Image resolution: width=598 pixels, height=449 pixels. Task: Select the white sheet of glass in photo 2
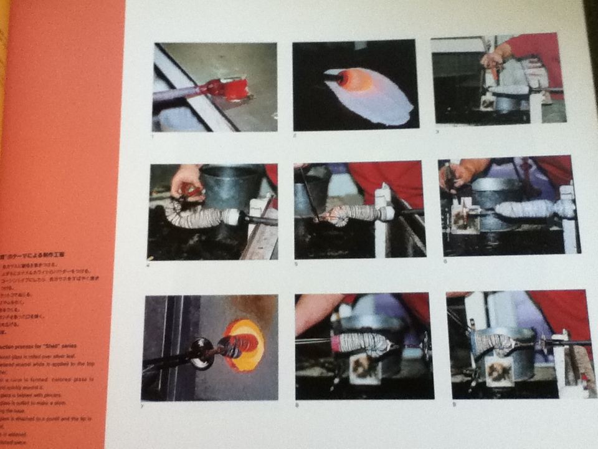pos(380,100)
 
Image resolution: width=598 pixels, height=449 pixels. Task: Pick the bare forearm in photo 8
pos(318,311)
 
